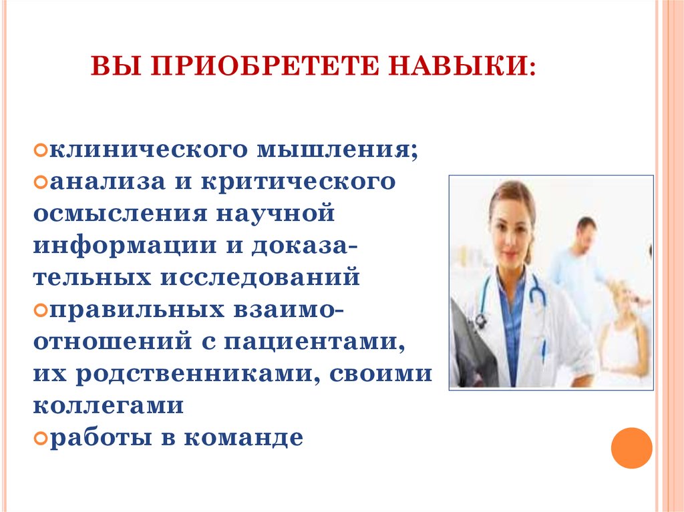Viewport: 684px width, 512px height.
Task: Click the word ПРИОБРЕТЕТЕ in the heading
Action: click(260, 67)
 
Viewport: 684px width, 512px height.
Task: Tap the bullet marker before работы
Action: click(39, 439)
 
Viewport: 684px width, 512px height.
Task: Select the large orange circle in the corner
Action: click(631, 447)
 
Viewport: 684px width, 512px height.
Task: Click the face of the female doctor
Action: click(512, 224)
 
